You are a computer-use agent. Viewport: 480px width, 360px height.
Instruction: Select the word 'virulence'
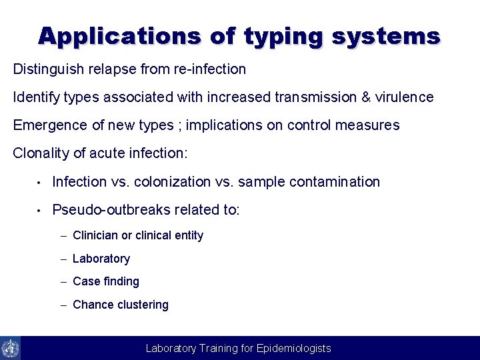point(404,97)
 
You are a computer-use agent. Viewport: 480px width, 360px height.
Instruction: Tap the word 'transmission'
point(315,97)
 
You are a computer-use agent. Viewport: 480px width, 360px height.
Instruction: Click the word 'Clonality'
point(41,153)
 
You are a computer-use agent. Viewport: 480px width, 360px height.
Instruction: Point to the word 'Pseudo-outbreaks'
point(111,211)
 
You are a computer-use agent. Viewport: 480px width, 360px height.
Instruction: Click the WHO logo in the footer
point(11,348)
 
